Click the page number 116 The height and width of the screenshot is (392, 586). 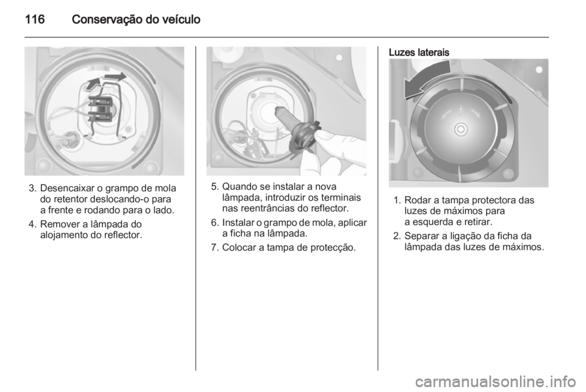35,20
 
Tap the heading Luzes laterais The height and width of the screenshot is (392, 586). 419,53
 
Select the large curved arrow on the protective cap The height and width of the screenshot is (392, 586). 426,79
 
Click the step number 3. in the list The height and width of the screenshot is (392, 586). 33,188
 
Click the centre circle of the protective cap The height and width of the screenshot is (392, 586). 461,129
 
